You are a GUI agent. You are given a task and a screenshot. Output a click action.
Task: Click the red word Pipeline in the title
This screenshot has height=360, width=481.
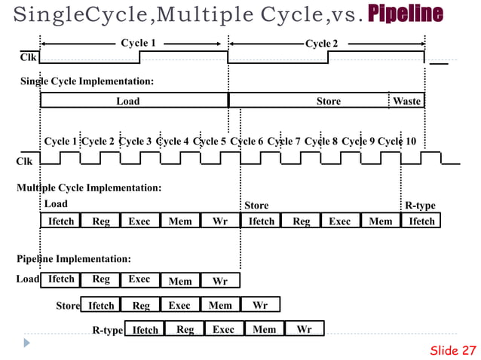405,14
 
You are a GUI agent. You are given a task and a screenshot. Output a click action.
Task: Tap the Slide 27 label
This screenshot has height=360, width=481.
453,350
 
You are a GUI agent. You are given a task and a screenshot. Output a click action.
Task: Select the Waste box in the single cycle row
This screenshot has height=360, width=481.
407,101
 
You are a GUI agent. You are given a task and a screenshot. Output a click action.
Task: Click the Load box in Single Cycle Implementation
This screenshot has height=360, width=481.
127,101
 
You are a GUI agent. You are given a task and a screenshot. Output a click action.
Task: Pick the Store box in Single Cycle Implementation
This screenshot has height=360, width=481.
328,101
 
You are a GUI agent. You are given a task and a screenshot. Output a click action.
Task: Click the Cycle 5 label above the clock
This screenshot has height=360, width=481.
210,142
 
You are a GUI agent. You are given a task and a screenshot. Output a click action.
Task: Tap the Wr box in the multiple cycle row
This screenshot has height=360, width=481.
220,221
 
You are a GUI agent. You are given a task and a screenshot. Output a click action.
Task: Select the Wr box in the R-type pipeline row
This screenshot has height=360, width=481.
304,329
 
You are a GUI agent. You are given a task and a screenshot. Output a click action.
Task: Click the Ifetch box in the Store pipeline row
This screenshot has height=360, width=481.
101,305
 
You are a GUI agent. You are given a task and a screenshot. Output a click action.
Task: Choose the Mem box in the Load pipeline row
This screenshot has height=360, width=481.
180,281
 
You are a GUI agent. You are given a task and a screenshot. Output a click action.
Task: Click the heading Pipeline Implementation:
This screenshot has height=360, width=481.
74,259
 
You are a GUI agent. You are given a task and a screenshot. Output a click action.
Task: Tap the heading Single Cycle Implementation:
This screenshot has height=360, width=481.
87,81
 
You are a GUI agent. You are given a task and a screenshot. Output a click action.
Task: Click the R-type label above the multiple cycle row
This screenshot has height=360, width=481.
420,205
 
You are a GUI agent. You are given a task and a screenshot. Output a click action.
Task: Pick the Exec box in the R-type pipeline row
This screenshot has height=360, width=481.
223,329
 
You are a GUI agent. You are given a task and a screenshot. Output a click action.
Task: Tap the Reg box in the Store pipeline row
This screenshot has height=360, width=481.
141,305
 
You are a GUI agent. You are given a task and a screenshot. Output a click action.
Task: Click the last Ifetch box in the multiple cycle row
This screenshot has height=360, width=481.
421,221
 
